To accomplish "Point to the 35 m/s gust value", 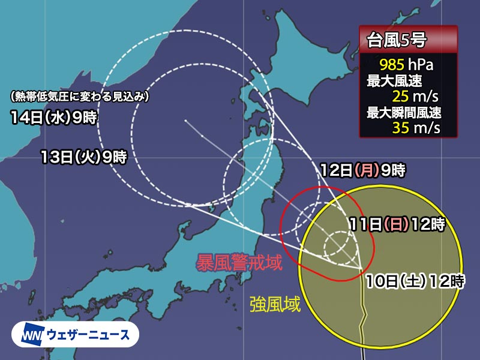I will pos(416,127).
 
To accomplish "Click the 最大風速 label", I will pos(390,79).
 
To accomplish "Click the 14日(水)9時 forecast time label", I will pos(53,118).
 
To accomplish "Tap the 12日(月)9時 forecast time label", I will pos(362,170).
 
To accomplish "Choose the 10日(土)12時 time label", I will pos(414,280).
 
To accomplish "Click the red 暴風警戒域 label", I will pos(240,262).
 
